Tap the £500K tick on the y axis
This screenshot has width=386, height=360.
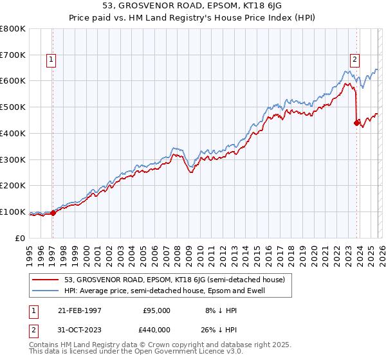tap(13, 107)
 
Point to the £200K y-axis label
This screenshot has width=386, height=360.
tap(13, 186)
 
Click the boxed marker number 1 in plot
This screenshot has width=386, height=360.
tap(51, 60)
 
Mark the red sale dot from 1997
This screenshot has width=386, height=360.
tap(53, 213)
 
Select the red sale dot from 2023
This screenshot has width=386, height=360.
tap(356, 123)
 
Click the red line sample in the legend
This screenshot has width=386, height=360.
tap(46, 280)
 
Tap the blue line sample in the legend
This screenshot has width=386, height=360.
tap(46, 291)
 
